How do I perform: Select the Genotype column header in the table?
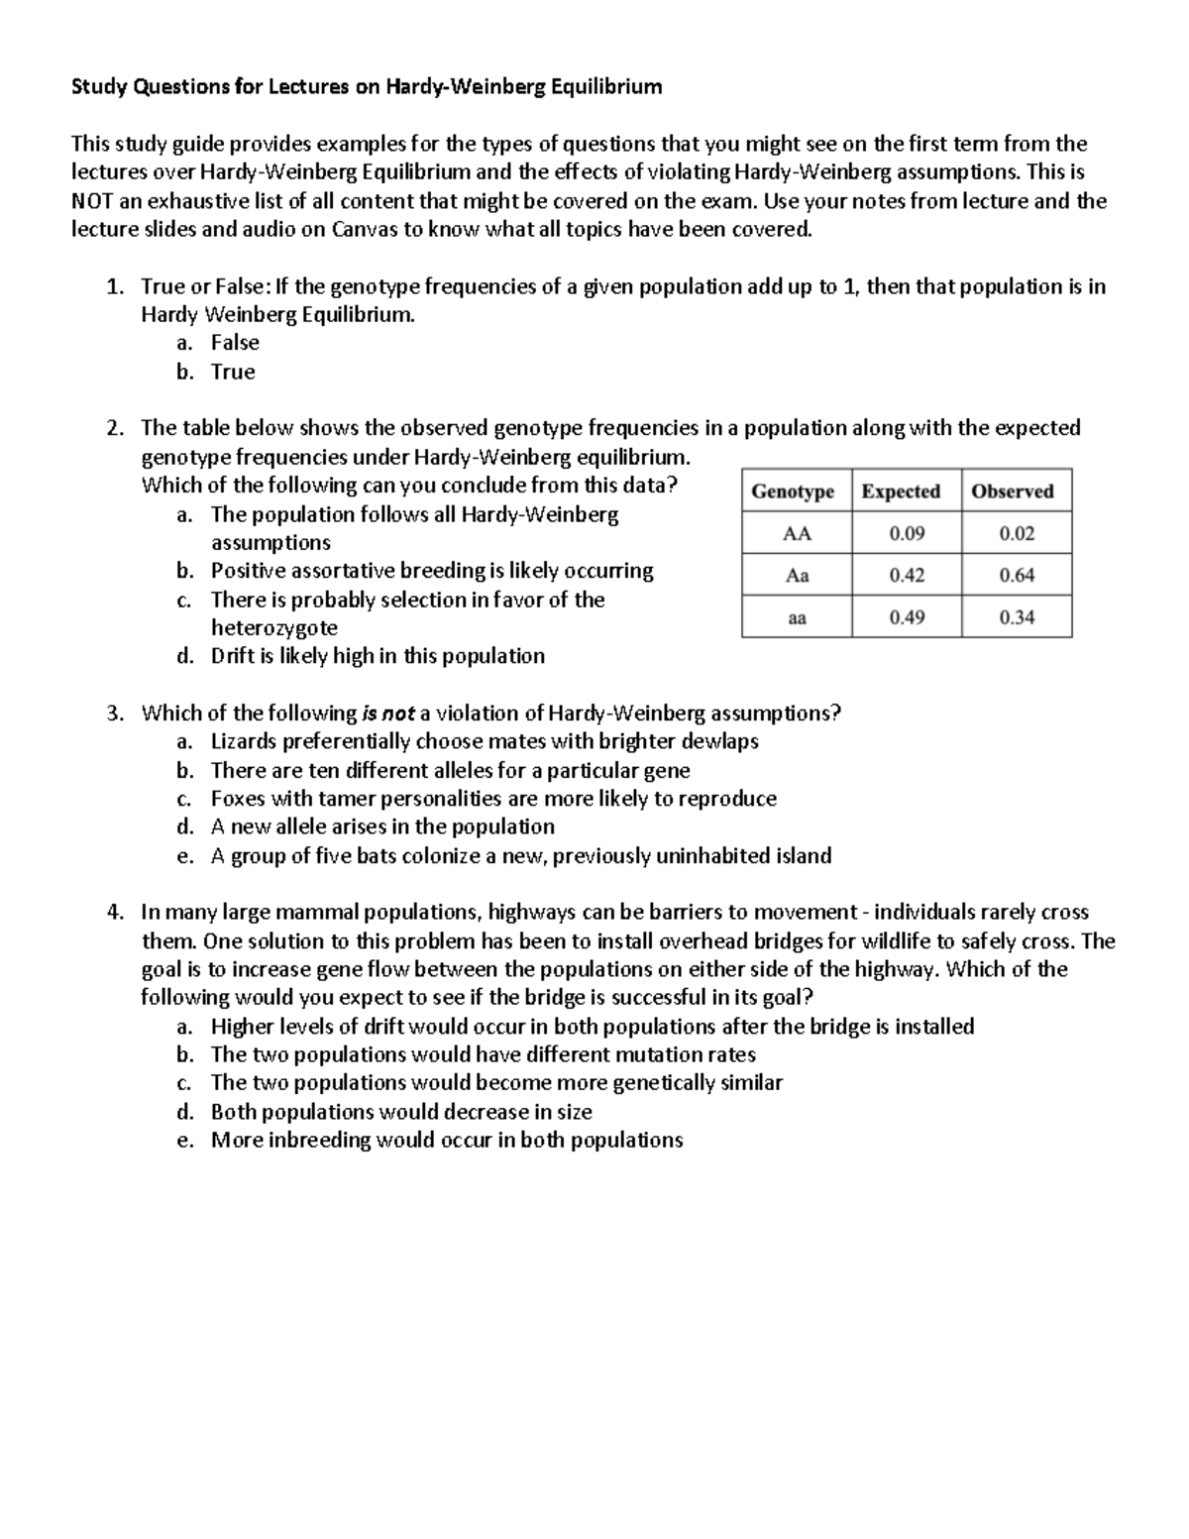point(793,492)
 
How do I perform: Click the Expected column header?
point(901,492)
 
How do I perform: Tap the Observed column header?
point(1013,492)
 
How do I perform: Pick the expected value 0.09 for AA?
point(907,533)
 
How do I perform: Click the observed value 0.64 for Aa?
point(1017,575)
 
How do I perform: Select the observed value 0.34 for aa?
point(1017,617)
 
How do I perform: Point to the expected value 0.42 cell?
point(907,575)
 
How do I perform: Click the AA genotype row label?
point(797,533)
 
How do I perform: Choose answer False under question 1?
point(235,343)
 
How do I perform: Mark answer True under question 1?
point(233,372)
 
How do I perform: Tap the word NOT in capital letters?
point(92,202)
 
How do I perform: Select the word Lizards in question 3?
point(243,742)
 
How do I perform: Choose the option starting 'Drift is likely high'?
point(378,656)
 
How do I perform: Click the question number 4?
point(114,913)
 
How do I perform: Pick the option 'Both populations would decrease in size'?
point(401,1112)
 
